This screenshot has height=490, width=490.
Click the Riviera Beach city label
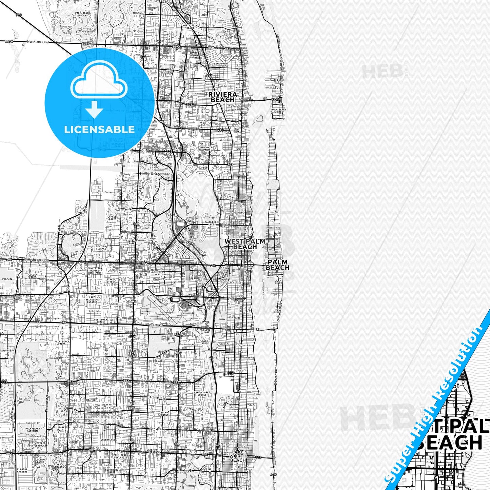[x=223, y=97]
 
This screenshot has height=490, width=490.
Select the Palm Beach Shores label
[x=278, y=111]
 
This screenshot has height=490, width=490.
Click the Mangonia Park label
[x=215, y=149]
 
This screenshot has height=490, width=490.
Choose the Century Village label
[x=101, y=248]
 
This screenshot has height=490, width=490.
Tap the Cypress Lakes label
[x=112, y=218]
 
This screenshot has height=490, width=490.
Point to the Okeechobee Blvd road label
[x=36, y=260]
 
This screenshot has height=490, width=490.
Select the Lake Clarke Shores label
[x=202, y=393]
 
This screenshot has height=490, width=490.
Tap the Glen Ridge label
[x=205, y=342]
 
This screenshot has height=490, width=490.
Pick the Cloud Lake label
[x=207, y=331]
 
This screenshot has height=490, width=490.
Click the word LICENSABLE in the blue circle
[x=99, y=130]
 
